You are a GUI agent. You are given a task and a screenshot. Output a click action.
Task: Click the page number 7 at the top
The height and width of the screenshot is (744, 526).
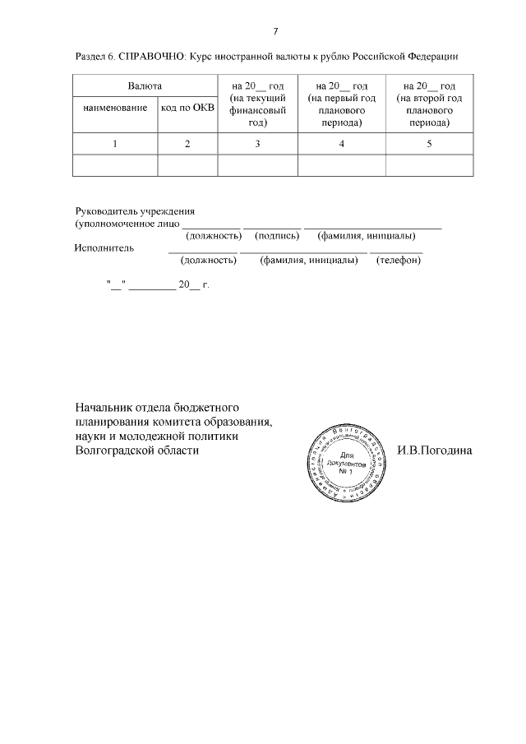click(x=275, y=31)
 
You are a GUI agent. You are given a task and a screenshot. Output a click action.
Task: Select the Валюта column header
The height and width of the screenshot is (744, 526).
click(x=145, y=85)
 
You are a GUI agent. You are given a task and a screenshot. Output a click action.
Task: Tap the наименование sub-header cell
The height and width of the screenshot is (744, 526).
click(x=115, y=108)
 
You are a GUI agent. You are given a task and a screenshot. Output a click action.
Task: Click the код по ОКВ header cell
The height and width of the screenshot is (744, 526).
click(x=187, y=108)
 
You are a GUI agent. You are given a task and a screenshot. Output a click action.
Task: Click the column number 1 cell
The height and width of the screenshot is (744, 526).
click(x=115, y=144)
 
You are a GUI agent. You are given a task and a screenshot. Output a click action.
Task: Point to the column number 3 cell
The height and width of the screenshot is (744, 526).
click(x=257, y=144)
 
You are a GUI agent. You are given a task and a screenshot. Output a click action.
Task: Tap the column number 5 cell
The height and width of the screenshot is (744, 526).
click(x=428, y=144)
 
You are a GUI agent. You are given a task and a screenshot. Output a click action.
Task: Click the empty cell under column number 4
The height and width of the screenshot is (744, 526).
click(x=341, y=165)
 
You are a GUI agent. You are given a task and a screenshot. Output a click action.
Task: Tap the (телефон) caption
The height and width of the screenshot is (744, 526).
click(x=398, y=261)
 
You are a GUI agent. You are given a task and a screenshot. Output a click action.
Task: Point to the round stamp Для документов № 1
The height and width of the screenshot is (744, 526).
click(x=345, y=467)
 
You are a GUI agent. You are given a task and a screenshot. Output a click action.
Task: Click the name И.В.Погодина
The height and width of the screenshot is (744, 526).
click(x=435, y=451)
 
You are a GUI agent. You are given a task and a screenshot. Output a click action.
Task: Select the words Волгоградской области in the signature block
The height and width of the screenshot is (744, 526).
click(x=136, y=451)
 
